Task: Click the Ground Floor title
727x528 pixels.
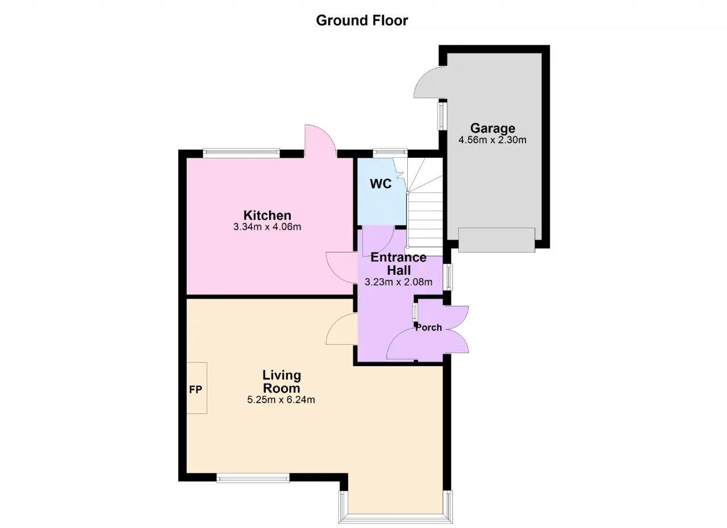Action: tap(362, 20)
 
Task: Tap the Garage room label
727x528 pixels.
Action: tap(492, 128)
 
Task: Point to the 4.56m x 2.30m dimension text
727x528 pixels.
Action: tap(492, 140)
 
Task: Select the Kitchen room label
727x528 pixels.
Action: tap(267, 215)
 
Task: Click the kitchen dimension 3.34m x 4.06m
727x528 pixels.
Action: tap(267, 227)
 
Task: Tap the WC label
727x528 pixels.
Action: tap(381, 184)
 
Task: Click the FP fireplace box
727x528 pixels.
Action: tap(197, 388)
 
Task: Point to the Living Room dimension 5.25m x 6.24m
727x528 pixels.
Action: tap(281, 400)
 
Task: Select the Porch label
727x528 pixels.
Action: tap(429, 328)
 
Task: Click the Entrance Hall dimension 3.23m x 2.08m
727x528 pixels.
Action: tap(398, 282)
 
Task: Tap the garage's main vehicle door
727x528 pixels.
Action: tap(496, 240)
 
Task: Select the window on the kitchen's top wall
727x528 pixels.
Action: tap(241, 153)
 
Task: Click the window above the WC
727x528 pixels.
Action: tap(390, 153)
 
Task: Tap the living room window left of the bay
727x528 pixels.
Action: tap(253, 477)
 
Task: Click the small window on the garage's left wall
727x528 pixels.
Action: tap(442, 116)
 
